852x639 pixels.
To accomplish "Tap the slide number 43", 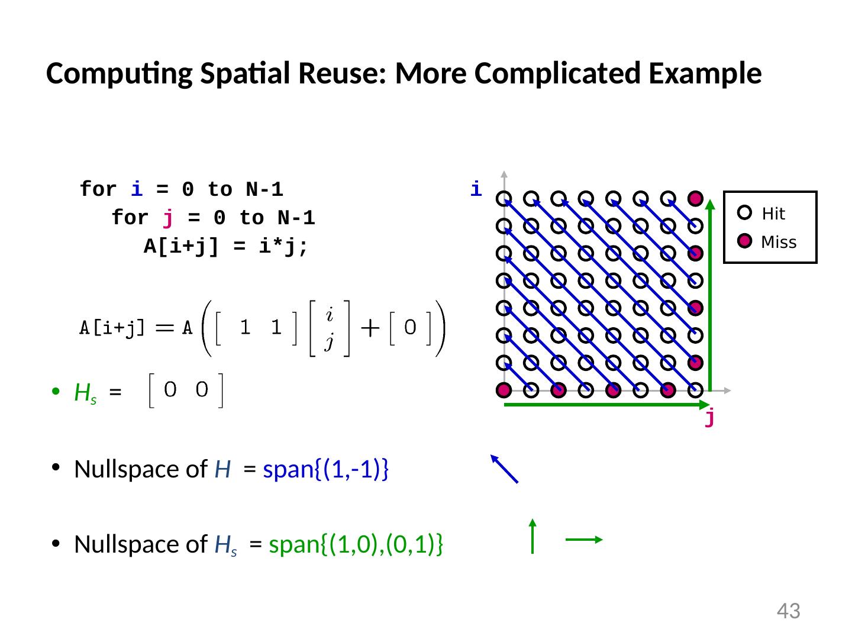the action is [788, 611].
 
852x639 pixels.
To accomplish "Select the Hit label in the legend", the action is [773, 214].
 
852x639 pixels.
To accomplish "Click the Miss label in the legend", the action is [779, 243].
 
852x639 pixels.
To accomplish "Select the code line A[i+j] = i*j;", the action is [226, 247].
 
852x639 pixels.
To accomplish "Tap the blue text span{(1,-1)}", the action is [325, 469].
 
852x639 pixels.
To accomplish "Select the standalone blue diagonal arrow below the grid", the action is [505, 469].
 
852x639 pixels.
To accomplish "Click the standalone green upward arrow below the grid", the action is [532, 536].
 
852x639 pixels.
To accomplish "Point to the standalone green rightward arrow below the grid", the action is [584, 539].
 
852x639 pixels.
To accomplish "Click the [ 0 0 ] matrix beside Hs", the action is [186, 390].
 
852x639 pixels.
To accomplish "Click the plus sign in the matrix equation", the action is [370, 329].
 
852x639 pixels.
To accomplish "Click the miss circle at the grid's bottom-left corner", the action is [504, 390].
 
